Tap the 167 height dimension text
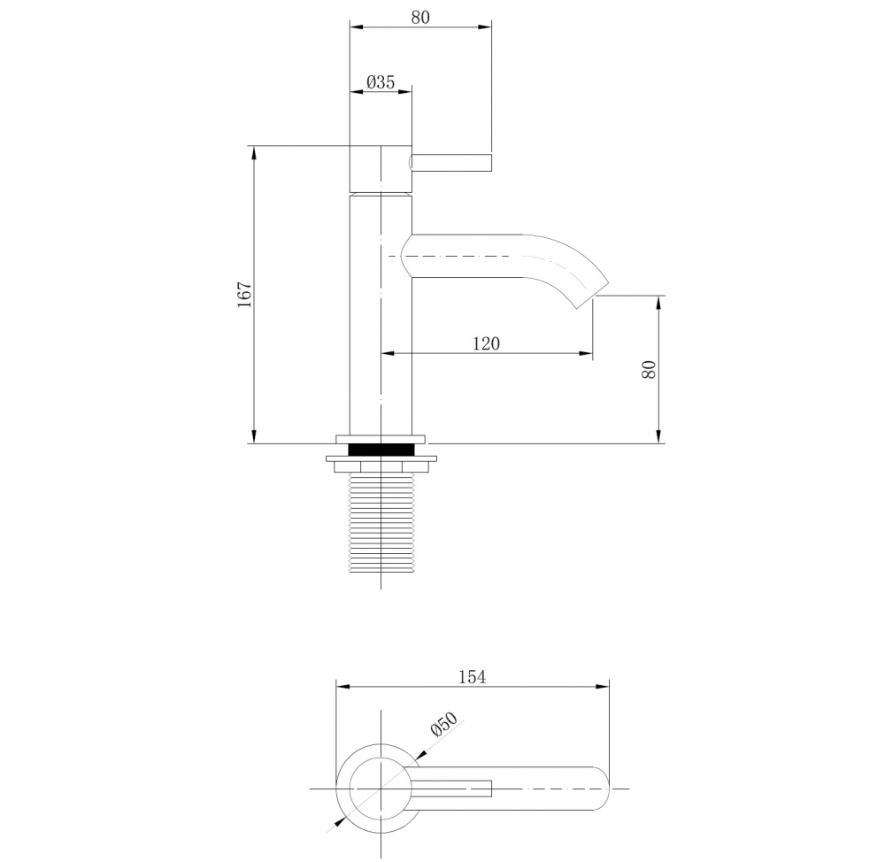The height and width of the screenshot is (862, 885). coord(245,295)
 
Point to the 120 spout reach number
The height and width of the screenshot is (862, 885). coord(485,343)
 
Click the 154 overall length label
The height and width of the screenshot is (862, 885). coord(472,677)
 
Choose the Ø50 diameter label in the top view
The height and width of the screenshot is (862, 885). coord(442,726)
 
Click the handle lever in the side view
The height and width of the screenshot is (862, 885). coord(451,162)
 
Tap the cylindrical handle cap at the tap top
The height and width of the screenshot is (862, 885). coord(381,167)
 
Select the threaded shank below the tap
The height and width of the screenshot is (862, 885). coord(381,522)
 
